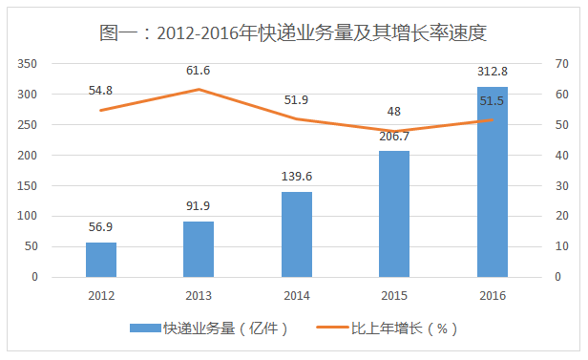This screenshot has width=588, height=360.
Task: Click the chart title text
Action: click(294, 32)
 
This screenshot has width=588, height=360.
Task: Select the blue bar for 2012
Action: click(101, 260)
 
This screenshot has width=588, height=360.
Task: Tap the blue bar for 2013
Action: click(199, 249)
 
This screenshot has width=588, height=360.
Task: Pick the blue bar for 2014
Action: click(297, 235)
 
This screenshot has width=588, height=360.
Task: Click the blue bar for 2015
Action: click(394, 214)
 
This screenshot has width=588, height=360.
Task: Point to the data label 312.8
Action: click(493, 72)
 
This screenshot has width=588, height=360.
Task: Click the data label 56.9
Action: click(101, 229)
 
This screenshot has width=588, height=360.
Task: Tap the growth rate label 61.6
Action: click(199, 71)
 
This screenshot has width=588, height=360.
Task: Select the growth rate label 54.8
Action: click(100, 90)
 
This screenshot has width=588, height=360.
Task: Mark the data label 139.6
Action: click(297, 178)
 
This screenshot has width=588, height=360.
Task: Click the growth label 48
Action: click(394, 110)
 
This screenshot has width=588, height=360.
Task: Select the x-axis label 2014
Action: click(297, 295)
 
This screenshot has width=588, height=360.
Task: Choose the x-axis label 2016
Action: click(493, 295)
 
